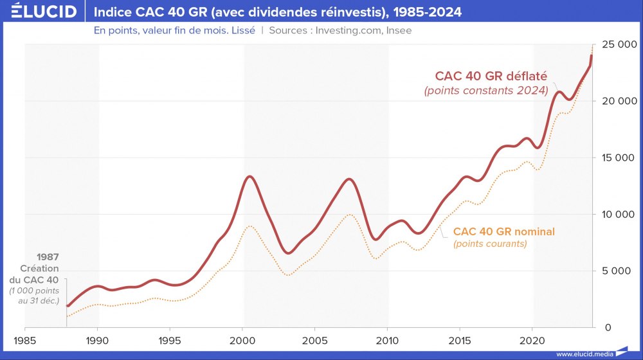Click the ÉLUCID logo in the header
(x=40, y=12)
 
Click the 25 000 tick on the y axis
(x=618, y=44)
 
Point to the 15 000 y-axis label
(x=618, y=157)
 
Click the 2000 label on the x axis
(x=242, y=339)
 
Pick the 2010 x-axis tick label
(x=387, y=339)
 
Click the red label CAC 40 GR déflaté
(x=491, y=76)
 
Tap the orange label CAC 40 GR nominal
(x=503, y=231)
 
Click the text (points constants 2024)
(x=486, y=91)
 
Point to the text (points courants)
(x=490, y=244)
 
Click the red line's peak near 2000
(x=249, y=176)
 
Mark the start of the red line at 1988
(x=68, y=306)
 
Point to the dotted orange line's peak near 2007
(x=348, y=215)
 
